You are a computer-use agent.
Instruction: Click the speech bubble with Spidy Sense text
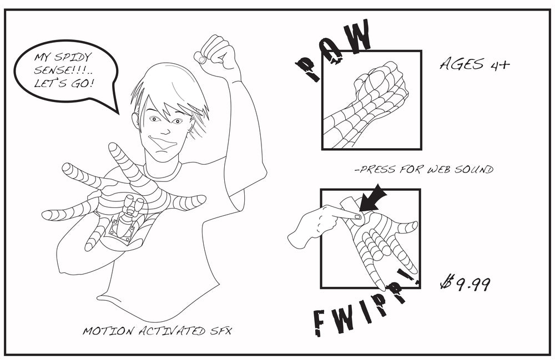coord(65,71)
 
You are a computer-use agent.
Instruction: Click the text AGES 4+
coord(475,64)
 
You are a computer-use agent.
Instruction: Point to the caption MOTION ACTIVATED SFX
coord(157,331)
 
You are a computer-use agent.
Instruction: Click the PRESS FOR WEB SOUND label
coord(424,169)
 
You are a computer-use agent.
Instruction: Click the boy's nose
coord(165,130)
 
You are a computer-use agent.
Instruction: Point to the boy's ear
coord(135,120)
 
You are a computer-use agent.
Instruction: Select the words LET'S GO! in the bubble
coord(64,83)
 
